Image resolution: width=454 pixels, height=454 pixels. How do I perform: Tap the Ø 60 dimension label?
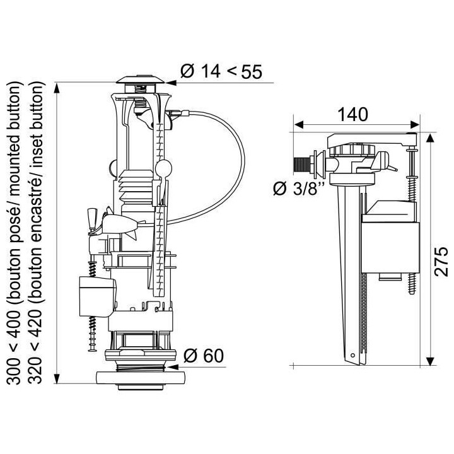(x=204, y=356)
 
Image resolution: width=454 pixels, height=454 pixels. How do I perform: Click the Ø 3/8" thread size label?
(x=298, y=188)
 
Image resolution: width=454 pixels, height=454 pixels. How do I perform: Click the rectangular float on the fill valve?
(x=388, y=243)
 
